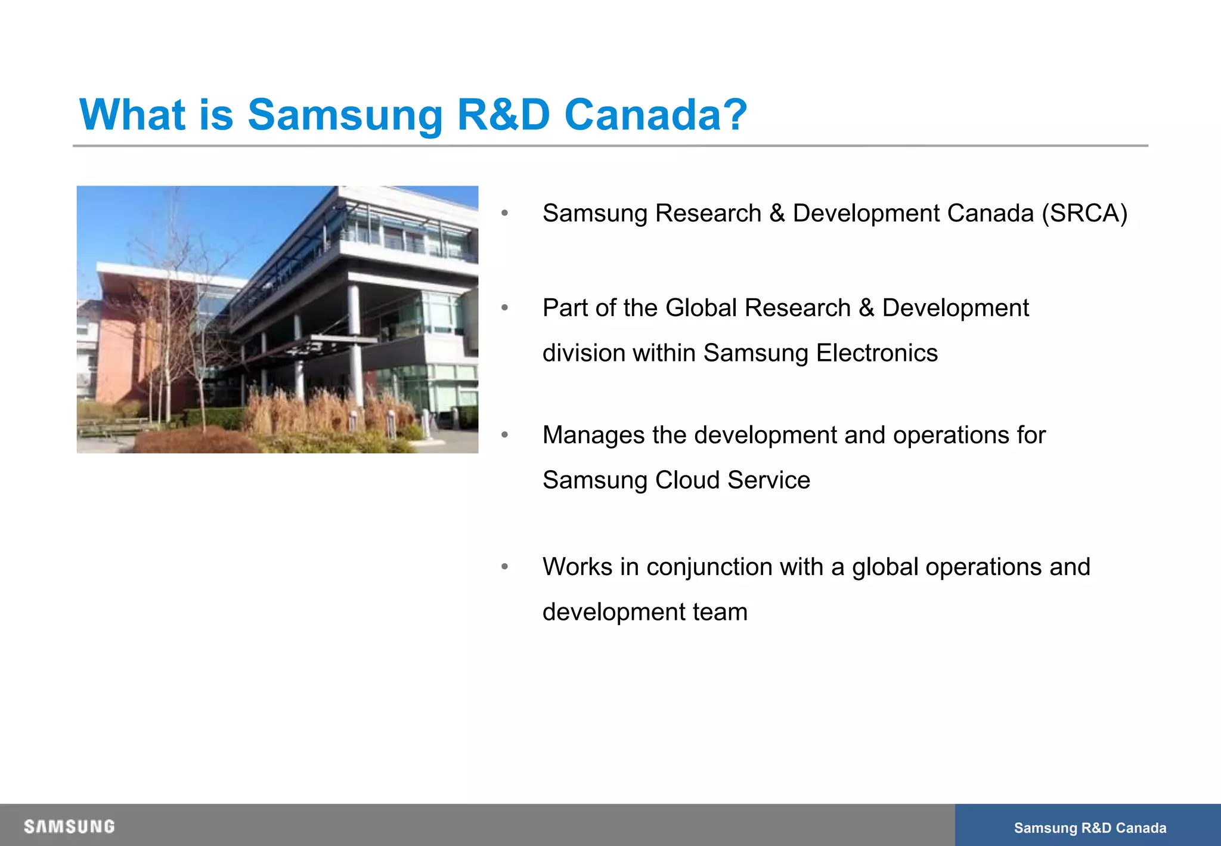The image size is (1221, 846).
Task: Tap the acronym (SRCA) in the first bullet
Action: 1084,214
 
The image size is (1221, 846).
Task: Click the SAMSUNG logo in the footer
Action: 69,827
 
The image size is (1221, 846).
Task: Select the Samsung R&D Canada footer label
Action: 1090,828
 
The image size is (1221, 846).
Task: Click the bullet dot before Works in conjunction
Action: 504,566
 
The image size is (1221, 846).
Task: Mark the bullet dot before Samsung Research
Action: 504,213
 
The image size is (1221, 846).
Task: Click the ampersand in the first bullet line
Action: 777,214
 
